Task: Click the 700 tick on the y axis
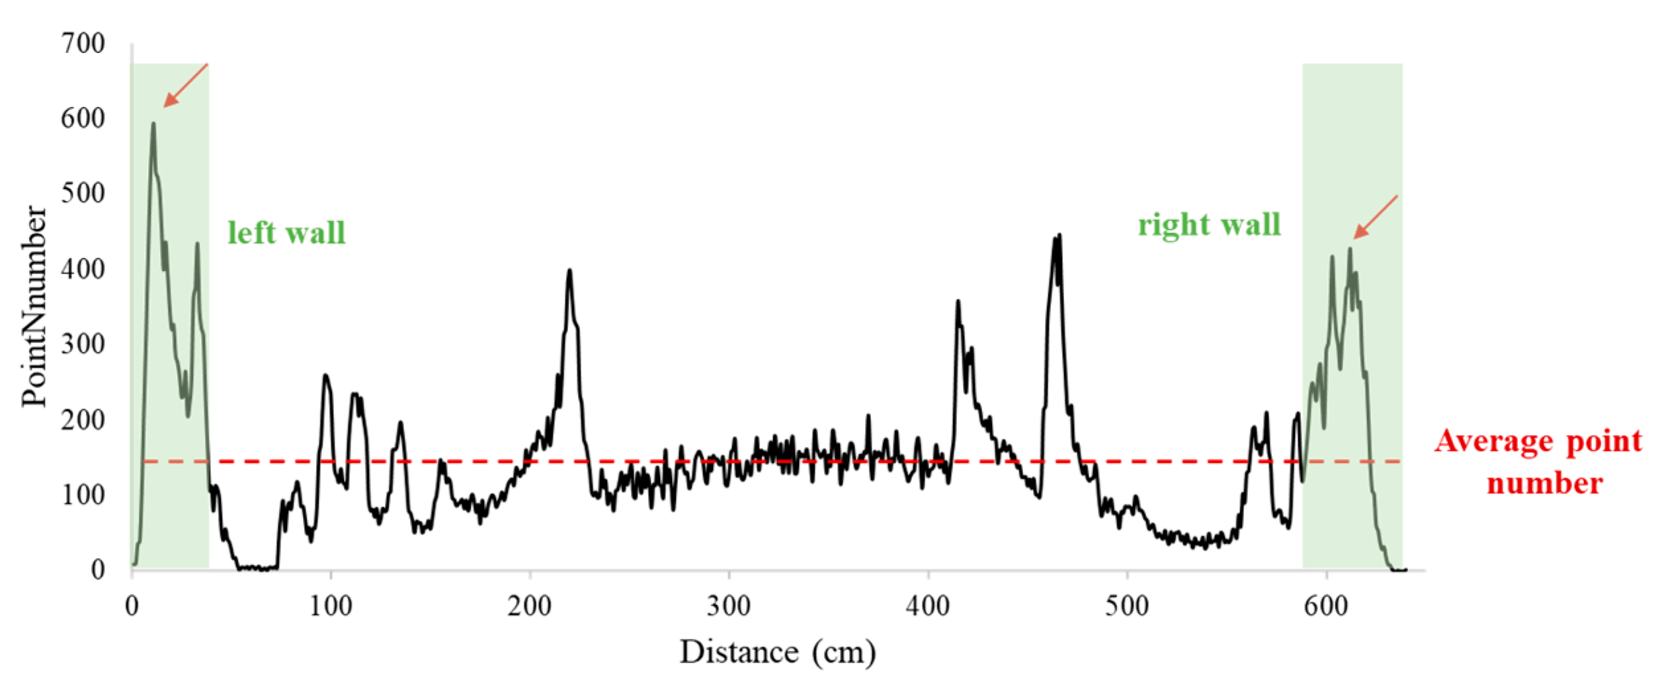coord(83,44)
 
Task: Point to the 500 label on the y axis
coord(83,194)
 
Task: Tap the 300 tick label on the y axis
coord(83,344)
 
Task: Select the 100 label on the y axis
coord(83,495)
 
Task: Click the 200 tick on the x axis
coord(530,606)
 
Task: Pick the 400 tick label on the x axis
coord(928,606)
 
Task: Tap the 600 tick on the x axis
coord(1326,606)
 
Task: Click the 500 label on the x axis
coord(1127,606)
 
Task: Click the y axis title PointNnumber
coord(34,305)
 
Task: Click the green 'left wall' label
coord(286,233)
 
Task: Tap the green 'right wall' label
coord(1209,225)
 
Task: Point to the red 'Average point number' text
coord(1538,462)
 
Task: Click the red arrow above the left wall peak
coord(185,85)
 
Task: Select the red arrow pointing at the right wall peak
coord(1376,216)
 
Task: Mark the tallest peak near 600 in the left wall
coord(153,124)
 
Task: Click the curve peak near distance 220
coord(569,270)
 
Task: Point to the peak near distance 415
coord(958,301)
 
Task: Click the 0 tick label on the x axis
coord(132,606)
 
